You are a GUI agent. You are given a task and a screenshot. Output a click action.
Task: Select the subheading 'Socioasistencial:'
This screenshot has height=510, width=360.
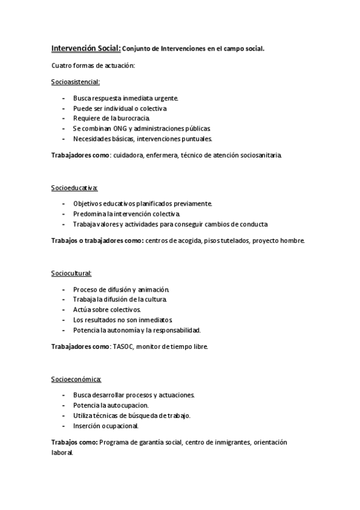[76, 81]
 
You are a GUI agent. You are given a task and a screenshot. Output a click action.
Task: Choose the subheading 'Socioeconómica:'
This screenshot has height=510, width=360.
[76, 379]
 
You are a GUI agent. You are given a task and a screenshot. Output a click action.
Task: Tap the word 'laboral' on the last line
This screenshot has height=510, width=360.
[61, 453]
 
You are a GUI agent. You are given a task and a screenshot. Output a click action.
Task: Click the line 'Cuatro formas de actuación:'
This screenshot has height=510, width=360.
[93, 65]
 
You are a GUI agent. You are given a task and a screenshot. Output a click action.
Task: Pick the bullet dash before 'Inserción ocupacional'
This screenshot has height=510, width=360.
[64, 426]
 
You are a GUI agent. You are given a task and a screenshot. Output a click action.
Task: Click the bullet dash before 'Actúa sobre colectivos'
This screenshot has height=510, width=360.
[64, 310]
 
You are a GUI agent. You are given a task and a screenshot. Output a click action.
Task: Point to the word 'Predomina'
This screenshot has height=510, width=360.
[87, 214]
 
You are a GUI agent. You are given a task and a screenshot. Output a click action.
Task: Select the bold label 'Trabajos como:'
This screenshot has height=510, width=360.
[75, 442]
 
